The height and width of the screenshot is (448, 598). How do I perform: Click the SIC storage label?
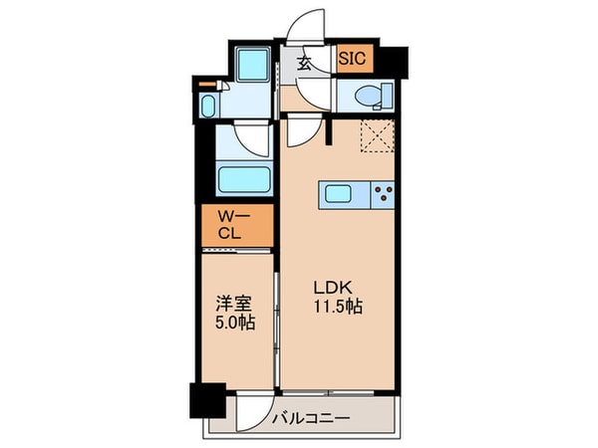(x=353, y=59)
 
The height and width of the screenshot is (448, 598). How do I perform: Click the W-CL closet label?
(x=233, y=225)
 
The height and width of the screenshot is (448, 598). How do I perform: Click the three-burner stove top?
(x=383, y=195)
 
